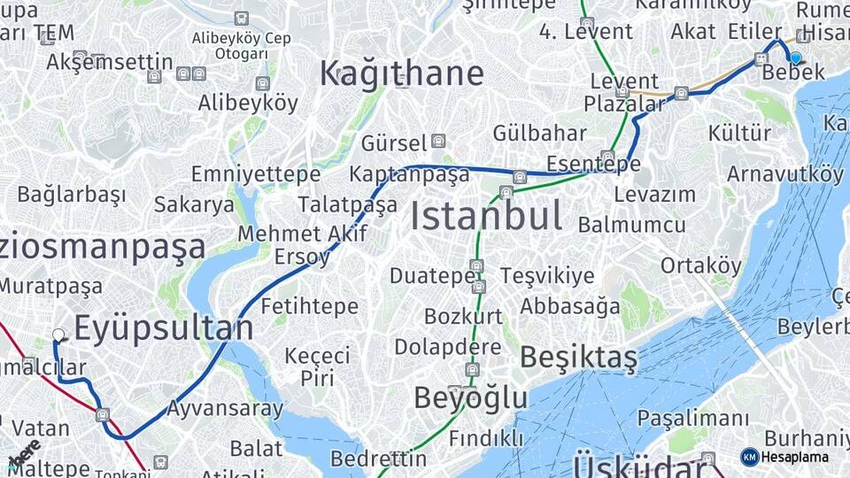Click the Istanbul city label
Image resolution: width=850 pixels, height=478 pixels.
(x=486, y=216)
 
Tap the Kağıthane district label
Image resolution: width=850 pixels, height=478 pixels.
(x=401, y=73)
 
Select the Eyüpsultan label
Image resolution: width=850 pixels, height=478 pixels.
(x=163, y=328)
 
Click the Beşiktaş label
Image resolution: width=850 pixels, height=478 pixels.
(x=578, y=358)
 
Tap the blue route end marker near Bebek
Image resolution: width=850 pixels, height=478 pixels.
(x=795, y=58)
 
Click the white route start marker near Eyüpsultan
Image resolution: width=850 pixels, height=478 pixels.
(x=58, y=335)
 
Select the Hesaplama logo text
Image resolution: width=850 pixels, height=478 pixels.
(x=794, y=457)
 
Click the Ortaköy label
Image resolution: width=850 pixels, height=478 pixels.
(x=700, y=266)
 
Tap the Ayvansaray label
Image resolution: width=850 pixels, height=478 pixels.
(x=225, y=409)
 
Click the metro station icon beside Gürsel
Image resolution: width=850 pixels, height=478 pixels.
(x=438, y=142)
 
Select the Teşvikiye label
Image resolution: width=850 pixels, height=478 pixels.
(x=547, y=276)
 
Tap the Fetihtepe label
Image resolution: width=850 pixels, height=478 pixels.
(x=310, y=307)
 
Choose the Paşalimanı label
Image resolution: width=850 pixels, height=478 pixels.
(x=693, y=418)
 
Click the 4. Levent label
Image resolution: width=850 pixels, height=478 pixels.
(x=586, y=32)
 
